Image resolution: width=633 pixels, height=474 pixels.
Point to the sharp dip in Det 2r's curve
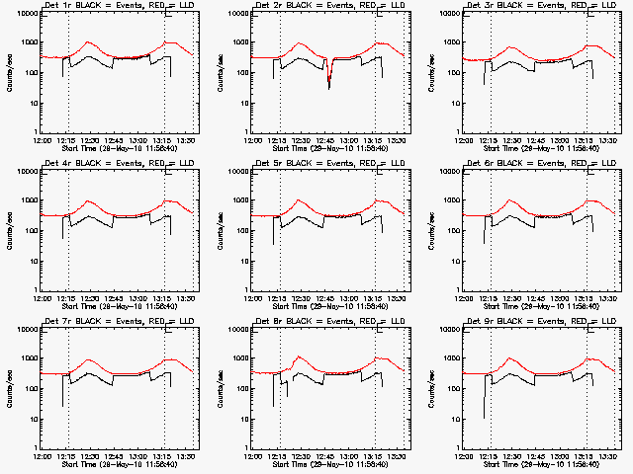pyautogui.click(x=329, y=87)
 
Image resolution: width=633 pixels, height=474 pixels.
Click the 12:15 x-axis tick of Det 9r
pyautogui.click(x=490, y=456)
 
